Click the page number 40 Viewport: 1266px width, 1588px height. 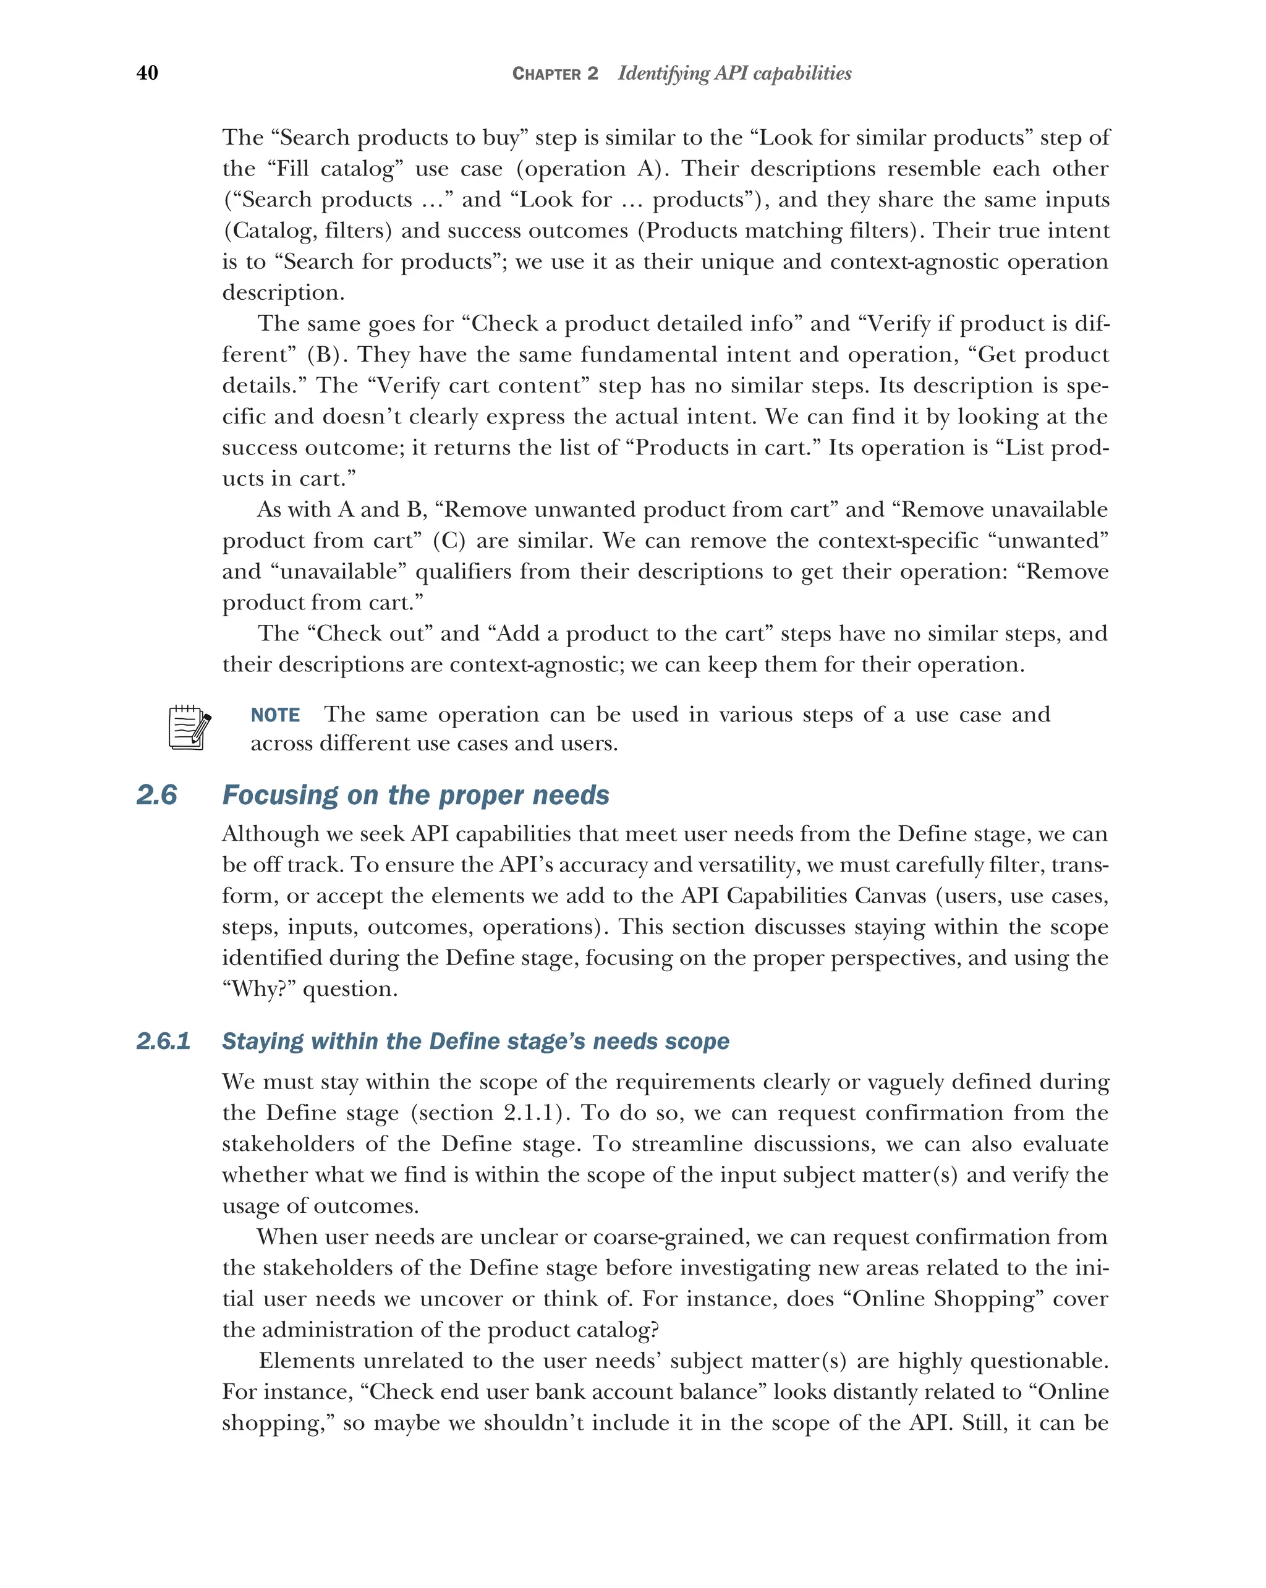pos(147,73)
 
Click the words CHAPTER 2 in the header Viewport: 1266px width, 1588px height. pos(554,74)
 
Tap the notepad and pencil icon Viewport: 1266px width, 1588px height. pos(189,728)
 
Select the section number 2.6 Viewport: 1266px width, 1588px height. pos(157,795)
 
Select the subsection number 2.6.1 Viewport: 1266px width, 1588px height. pos(163,1041)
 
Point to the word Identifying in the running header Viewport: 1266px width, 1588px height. pos(663,74)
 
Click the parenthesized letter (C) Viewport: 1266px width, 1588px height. pos(449,541)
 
